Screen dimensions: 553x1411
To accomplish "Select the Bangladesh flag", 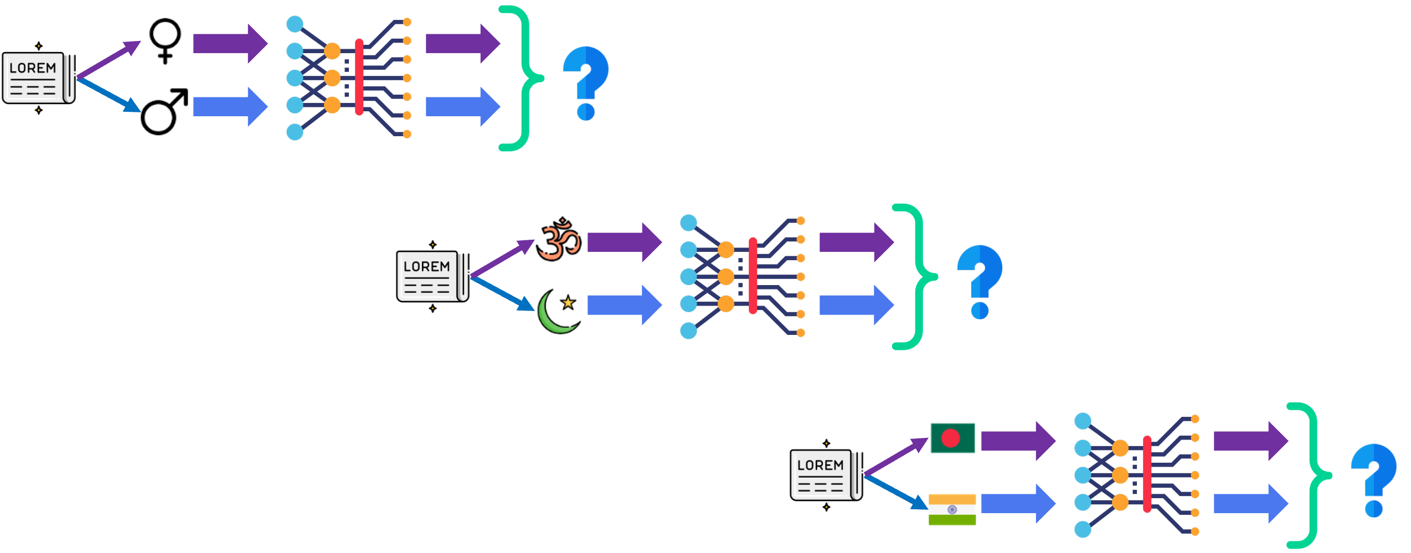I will tap(952, 438).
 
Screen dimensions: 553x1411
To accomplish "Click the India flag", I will tap(952, 509).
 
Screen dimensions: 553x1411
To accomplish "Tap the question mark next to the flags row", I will tap(1373, 479).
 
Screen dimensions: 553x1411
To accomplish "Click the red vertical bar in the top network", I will tap(359, 77).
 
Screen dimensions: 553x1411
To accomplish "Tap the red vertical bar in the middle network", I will tap(753, 276).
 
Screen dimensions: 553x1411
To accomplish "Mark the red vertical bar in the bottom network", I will tap(1147, 474).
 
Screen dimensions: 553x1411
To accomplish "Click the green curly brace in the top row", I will tap(524, 78).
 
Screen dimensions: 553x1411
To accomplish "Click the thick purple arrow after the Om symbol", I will tap(624, 242).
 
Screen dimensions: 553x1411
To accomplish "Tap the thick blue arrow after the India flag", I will tap(1017, 504).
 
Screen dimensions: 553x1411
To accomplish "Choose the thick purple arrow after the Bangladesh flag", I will tap(1017, 441).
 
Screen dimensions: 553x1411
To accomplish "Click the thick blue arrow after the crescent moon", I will tap(624, 305).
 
